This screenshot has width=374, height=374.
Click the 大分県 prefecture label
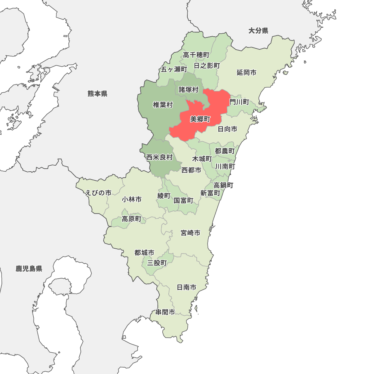pos(258,31)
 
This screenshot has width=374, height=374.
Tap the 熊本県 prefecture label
pos(98,93)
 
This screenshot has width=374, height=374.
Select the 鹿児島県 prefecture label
pos(29,269)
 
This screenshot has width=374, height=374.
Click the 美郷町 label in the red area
pos(200,119)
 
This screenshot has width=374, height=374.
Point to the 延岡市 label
pos(246,73)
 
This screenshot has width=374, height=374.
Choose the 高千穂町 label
pos(196,55)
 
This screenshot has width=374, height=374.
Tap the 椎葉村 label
pos(163,105)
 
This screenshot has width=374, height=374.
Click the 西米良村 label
pos(159,157)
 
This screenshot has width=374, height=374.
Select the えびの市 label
pos(98,193)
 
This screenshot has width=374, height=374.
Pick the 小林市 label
pos(132,200)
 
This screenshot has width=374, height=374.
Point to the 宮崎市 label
pos(190,233)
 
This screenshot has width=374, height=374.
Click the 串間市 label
pos(165,312)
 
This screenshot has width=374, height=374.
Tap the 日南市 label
pos(187,287)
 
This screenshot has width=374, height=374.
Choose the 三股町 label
pos(157,263)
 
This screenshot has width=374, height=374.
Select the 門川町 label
pos(239,102)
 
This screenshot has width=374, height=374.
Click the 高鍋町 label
pos(224,185)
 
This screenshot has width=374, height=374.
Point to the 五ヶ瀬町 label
pos(174,70)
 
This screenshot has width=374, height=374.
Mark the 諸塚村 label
pos(188,89)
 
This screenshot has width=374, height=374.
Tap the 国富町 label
pos(184,200)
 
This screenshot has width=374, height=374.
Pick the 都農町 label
pos(225,151)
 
